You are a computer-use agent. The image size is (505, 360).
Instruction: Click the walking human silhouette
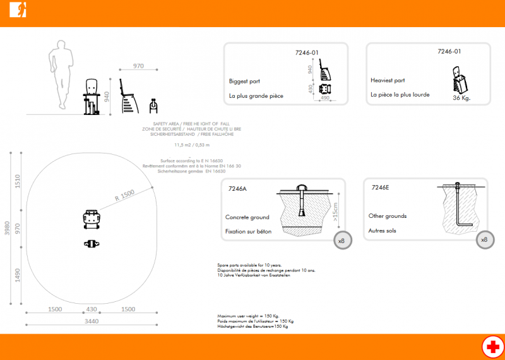coord(61,76)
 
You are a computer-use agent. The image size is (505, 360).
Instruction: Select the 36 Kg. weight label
coord(461,99)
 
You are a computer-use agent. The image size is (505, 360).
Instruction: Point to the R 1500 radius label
coord(124,198)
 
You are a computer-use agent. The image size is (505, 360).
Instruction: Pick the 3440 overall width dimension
coord(91,321)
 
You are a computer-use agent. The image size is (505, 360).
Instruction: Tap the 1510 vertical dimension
coord(18,182)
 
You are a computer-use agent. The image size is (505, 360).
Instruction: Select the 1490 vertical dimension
coord(18,276)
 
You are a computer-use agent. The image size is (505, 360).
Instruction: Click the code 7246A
coord(238,188)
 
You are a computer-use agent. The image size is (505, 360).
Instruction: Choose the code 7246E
coord(381,188)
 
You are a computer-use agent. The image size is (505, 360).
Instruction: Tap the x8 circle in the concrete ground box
coord(342,241)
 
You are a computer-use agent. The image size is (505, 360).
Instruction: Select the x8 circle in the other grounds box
coord(484,240)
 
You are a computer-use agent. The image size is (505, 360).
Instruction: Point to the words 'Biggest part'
coord(244,81)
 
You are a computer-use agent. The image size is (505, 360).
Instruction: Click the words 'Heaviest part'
coord(388,81)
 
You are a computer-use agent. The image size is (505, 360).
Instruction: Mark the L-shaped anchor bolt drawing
coord(461,208)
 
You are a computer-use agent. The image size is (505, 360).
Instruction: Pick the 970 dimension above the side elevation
coord(139,66)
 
